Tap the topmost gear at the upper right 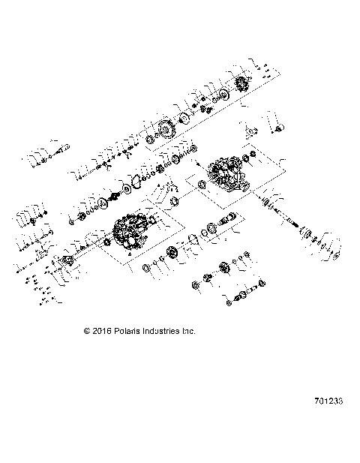point(242,83)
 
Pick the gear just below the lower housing point(172,254)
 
